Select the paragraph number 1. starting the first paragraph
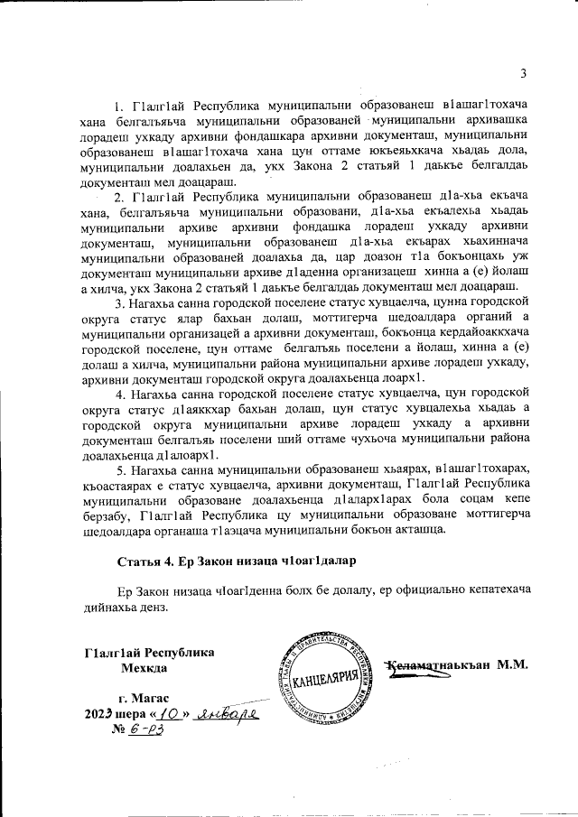tap(118, 108)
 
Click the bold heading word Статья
tap(140, 561)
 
